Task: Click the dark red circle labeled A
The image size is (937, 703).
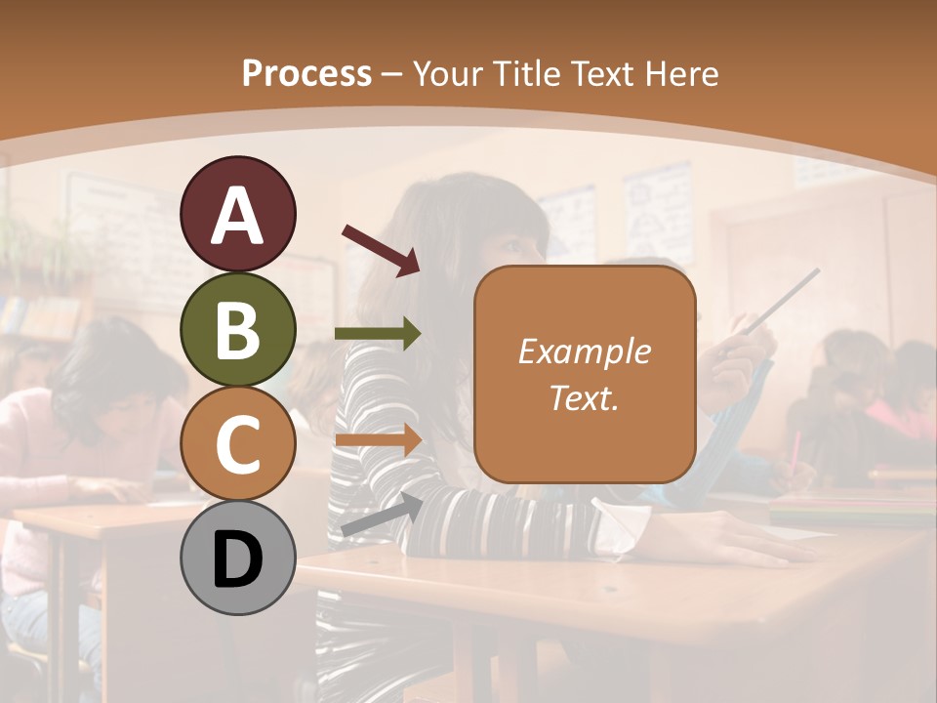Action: point(238,214)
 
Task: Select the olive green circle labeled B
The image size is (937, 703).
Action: point(238,329)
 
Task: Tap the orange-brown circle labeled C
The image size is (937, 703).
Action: point(238,443)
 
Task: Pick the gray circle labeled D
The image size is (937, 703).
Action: point(238,558)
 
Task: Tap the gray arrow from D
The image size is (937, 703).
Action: point(382,515)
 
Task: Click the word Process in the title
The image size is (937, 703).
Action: point(306,73)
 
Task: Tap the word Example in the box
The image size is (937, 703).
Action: point(584,351)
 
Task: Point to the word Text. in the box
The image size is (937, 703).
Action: point(584,397)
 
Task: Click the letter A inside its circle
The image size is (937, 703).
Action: point(238,216)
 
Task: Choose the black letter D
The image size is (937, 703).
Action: point(238,559)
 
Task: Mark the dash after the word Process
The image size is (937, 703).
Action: point(392,74)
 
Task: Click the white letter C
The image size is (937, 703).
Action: point(238,445)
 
